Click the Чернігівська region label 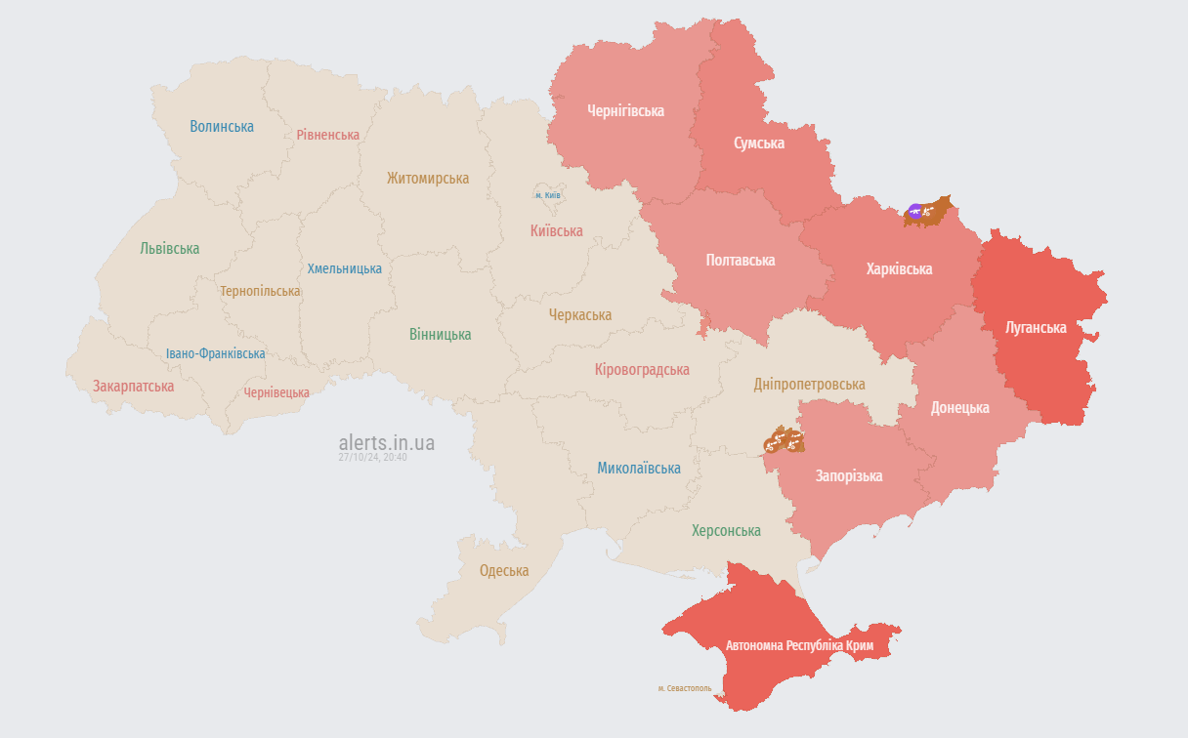click(x=625, y=111)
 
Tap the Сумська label click(x=759, y=143)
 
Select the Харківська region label click(x=899, y=269)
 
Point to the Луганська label click(x=1036, y=327)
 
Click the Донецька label click(x=959, y=408)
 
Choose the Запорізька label click(x=849, y=476)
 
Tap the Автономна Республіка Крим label click(x=798, y=646)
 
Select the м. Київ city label click(x=547, y=195)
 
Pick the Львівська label click(x=169, y=249)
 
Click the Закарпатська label click(x=134, y=387)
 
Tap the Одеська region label click(x=504, y=571)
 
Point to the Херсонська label click(x=726, y=531)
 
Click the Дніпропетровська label click(x=809, y=385)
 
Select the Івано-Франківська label click(x=215, y=354)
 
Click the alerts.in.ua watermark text click(x=387, y=443)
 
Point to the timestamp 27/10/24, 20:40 click(x=372, y=457)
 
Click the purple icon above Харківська click(x=915, y=211)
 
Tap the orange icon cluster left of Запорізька click(x=785, y=441)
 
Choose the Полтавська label click(x=741, y=261)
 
